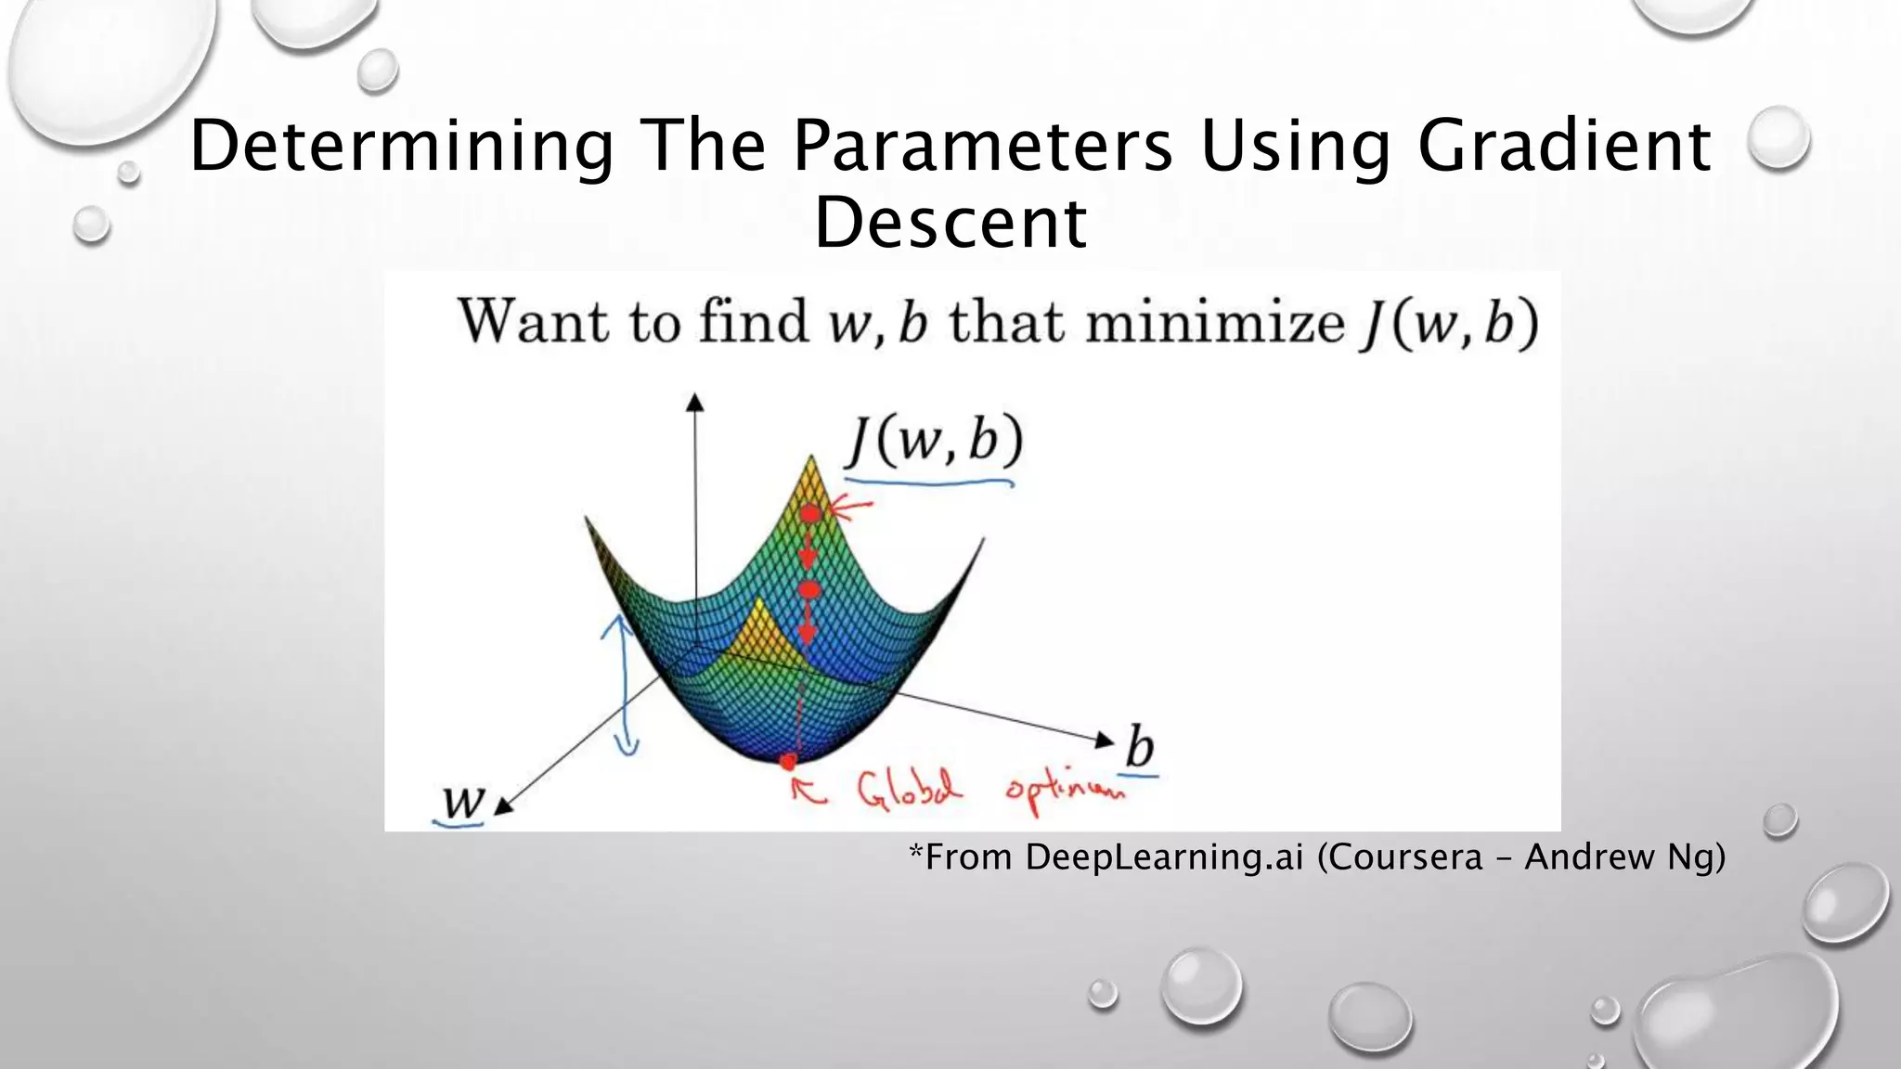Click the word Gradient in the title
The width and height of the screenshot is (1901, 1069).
(1564, 147)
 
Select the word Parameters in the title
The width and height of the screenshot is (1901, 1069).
(982, 147)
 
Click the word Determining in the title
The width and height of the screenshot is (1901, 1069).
(401, 147)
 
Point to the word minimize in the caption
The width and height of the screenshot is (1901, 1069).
(1214, 323)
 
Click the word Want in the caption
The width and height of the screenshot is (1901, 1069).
(535, 323)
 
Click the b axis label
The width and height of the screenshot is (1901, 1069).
(1141, 748)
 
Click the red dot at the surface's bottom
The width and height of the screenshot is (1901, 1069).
(788, 762)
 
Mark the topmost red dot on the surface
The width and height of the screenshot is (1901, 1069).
(810, 513)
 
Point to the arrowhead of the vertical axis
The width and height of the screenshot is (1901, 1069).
(694, 402)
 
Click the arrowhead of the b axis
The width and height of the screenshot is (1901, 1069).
(1105, 740)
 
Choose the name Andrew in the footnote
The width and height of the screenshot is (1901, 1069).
(1589, 856)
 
